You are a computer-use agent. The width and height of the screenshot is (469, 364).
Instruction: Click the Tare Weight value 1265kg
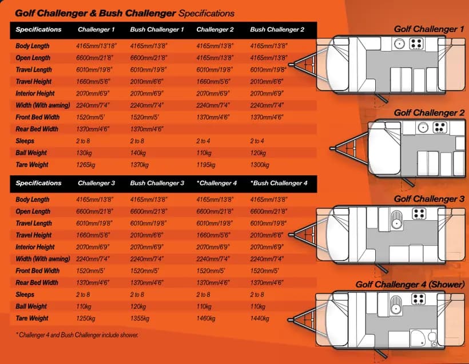click(x=86, y=165)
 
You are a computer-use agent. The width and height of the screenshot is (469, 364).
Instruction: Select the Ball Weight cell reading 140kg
click(x=138, y=153)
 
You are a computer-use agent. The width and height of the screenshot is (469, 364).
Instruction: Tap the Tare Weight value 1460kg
click(x=206, y=318)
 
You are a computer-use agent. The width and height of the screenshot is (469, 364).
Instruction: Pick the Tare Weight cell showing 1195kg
click(x=206, y=165)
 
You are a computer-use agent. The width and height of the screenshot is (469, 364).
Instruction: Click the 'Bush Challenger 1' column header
click(x=157, y=29)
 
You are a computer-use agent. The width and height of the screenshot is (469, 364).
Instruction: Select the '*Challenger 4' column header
click(x=217, y=183)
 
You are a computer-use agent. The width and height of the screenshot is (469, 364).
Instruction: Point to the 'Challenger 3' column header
click(x=96, y=183)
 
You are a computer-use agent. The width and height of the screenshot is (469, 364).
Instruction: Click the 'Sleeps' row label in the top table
click(x=25, y=141)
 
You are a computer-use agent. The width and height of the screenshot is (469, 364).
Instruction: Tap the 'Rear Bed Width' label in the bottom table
click(x=37, y=283)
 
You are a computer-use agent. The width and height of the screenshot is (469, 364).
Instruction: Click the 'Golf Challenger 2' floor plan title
click(x=429, y=113)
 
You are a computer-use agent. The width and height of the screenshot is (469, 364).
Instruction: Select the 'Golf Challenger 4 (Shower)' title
click(x=410, y=284)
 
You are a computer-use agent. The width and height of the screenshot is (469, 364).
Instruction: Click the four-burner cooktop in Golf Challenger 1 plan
click(x=416, y=43)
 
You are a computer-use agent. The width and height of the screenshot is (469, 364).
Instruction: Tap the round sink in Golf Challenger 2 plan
click(x=423, y=128)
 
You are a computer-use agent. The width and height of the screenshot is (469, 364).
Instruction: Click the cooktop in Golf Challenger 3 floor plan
click(x=419, y=213)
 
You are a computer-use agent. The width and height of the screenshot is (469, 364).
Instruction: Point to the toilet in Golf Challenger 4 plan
click(x=432, y=339)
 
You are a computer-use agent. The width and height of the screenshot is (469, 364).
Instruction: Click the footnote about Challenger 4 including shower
click(x=77, y=335)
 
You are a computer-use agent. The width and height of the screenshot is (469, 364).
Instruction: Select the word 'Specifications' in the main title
click(x=206, y=14)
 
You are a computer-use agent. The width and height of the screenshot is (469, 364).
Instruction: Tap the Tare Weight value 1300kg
click(x=260, y=165)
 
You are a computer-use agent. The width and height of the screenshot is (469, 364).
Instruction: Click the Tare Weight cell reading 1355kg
click(x=140, y=318)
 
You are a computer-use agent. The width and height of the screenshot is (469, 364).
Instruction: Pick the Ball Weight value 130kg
click(x=84, y=153)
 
